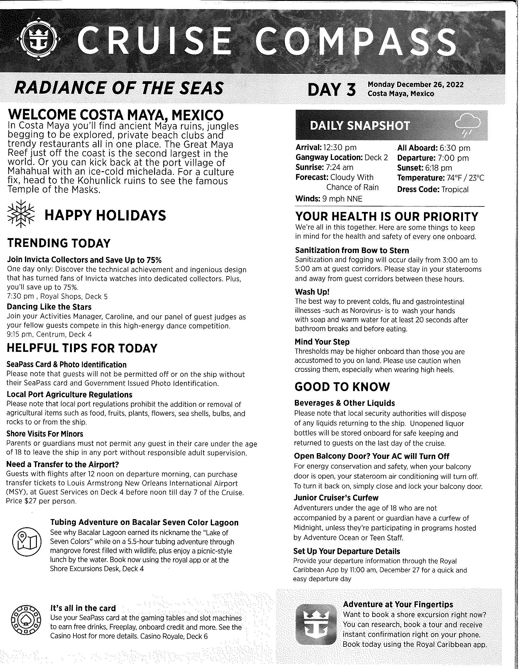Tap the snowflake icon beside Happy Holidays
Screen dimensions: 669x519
pos(21,214)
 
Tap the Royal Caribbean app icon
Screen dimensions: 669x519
pos(315,624)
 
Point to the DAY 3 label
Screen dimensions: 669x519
pos(332,89)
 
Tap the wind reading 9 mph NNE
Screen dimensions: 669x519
pos(342,199)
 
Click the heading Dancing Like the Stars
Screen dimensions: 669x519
pos(49,307)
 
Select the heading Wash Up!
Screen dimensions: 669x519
pos(312,291)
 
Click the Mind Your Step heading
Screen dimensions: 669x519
pos(322,341)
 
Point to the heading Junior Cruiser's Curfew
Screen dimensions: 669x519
pos(336,497)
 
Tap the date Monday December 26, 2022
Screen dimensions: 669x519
pos(416,85)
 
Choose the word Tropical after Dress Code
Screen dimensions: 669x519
pos(455,189)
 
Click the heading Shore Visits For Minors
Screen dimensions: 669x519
pos(45,434)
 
